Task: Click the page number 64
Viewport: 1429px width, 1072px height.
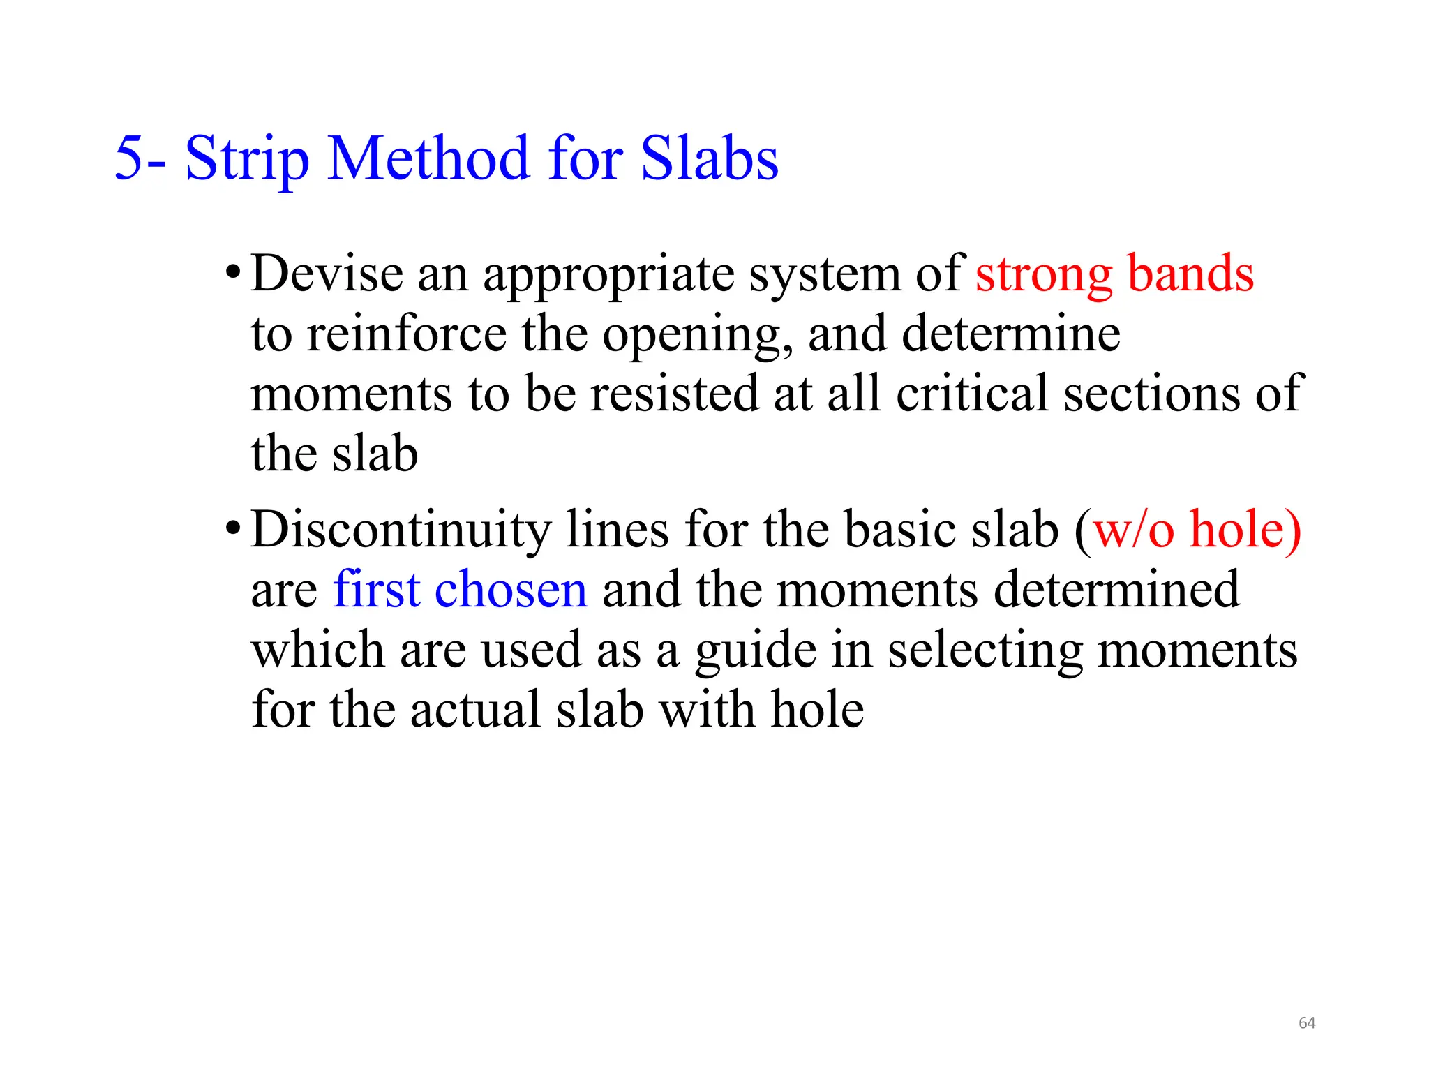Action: [1306, 1023]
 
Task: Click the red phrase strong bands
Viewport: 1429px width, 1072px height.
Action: [1114, 274]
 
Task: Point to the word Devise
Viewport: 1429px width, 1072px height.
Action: [327, 274]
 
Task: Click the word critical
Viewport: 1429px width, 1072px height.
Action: [972, 394]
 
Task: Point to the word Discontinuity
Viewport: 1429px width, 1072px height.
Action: [401, 530]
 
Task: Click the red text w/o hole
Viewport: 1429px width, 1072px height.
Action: [1197, 530]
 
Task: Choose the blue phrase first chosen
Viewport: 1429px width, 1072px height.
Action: [460, 590]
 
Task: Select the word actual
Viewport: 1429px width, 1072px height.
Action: [475, 710]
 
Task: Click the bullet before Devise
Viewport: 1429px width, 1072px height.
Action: [233, 273]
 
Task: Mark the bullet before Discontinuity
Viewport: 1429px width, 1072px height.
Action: [233, 529]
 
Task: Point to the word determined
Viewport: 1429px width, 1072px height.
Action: [1116, 590]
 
